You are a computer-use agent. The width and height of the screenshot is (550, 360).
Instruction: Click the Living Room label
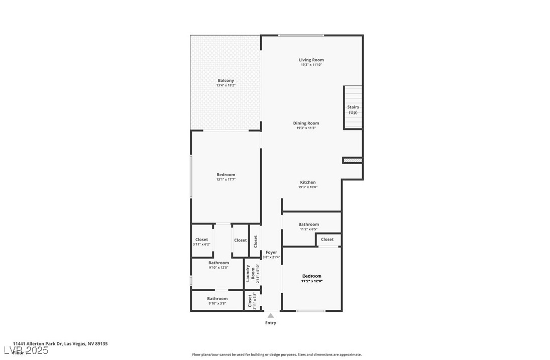coord(311,60)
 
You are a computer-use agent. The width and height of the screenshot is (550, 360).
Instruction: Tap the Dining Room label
coord(306,123)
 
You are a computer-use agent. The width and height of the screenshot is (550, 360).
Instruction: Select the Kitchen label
coord(308,182)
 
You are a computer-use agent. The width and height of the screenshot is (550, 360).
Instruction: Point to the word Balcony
coord(226,80)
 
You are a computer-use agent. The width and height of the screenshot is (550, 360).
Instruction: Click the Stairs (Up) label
coord(353,109)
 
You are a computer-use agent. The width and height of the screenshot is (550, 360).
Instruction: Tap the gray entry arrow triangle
coord(270,316)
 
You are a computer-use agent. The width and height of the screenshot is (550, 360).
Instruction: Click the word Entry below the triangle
coord(270,323)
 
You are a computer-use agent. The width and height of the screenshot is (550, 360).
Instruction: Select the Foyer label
coord(271,253)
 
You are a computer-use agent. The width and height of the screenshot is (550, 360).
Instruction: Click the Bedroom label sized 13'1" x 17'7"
coord(226,175)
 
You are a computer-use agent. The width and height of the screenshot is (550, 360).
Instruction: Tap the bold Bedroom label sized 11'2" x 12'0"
coord(311,276)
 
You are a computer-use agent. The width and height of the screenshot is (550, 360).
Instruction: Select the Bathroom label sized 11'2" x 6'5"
coord(308,224)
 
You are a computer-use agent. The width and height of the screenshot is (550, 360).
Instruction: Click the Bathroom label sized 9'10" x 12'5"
coord(218,263)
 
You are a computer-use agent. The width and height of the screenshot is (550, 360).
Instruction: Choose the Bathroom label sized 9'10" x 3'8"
coord(217,299)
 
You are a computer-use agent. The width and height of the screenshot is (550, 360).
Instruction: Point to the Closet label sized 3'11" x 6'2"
coord(201,239)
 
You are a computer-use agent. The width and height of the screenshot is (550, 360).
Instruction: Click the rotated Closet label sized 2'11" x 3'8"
coord(250,301)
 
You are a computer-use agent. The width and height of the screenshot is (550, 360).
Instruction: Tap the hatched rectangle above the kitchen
coord(352,160)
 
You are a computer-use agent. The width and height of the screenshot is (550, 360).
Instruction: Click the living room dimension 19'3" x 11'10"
coord(311,65)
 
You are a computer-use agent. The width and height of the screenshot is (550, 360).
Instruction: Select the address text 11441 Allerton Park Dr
coord(38,344)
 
